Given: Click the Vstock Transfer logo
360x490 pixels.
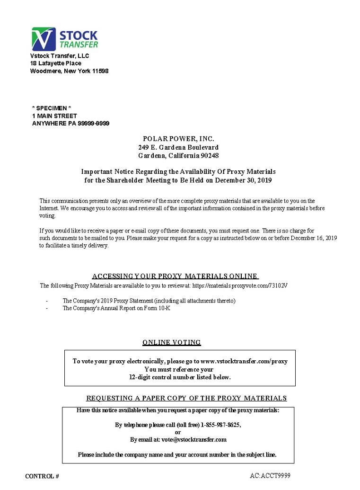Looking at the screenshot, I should [x=64, y=39].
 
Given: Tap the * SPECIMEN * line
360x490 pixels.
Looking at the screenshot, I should [x=52, y=108].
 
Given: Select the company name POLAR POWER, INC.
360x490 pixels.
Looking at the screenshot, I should [x=178, y=139].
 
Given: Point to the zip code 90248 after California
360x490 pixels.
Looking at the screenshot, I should [x=210, y=156].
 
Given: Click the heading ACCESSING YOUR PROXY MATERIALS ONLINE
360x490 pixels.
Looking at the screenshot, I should [x=175, y=276].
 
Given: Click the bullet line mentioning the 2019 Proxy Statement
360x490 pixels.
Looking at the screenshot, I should [x=149, y=301].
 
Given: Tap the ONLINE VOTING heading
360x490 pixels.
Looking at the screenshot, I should [x=172, y=342].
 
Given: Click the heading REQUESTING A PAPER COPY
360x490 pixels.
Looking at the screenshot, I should [x=186, y=398].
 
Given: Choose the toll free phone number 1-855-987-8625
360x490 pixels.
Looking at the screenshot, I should [x=221, y=425].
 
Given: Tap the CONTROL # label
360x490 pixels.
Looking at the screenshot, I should [x=42, y=476].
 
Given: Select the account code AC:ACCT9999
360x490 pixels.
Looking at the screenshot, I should [x=270, y=475].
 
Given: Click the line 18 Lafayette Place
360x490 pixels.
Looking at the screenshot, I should [x=56, y=63].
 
